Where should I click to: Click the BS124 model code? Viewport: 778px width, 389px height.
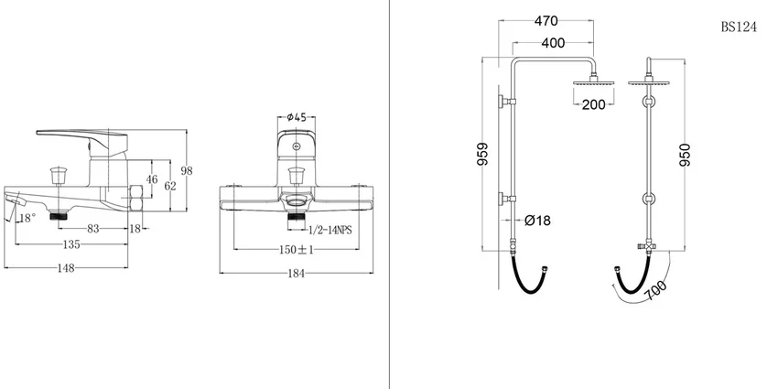[739, 27]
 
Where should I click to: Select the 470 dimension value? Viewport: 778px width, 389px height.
[546, 21]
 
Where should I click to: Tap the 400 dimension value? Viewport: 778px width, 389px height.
[553, 43]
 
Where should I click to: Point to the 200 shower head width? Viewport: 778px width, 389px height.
[593, 104]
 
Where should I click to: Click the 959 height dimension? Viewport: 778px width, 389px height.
[482, 154]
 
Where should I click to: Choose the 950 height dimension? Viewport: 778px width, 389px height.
[685, 155]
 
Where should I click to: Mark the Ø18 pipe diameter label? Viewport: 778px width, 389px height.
[537, 220]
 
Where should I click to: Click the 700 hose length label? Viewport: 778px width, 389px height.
[656, 291]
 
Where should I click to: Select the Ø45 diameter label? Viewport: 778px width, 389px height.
[297, 117]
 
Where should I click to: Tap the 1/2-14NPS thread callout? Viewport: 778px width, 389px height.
[330, 231]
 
